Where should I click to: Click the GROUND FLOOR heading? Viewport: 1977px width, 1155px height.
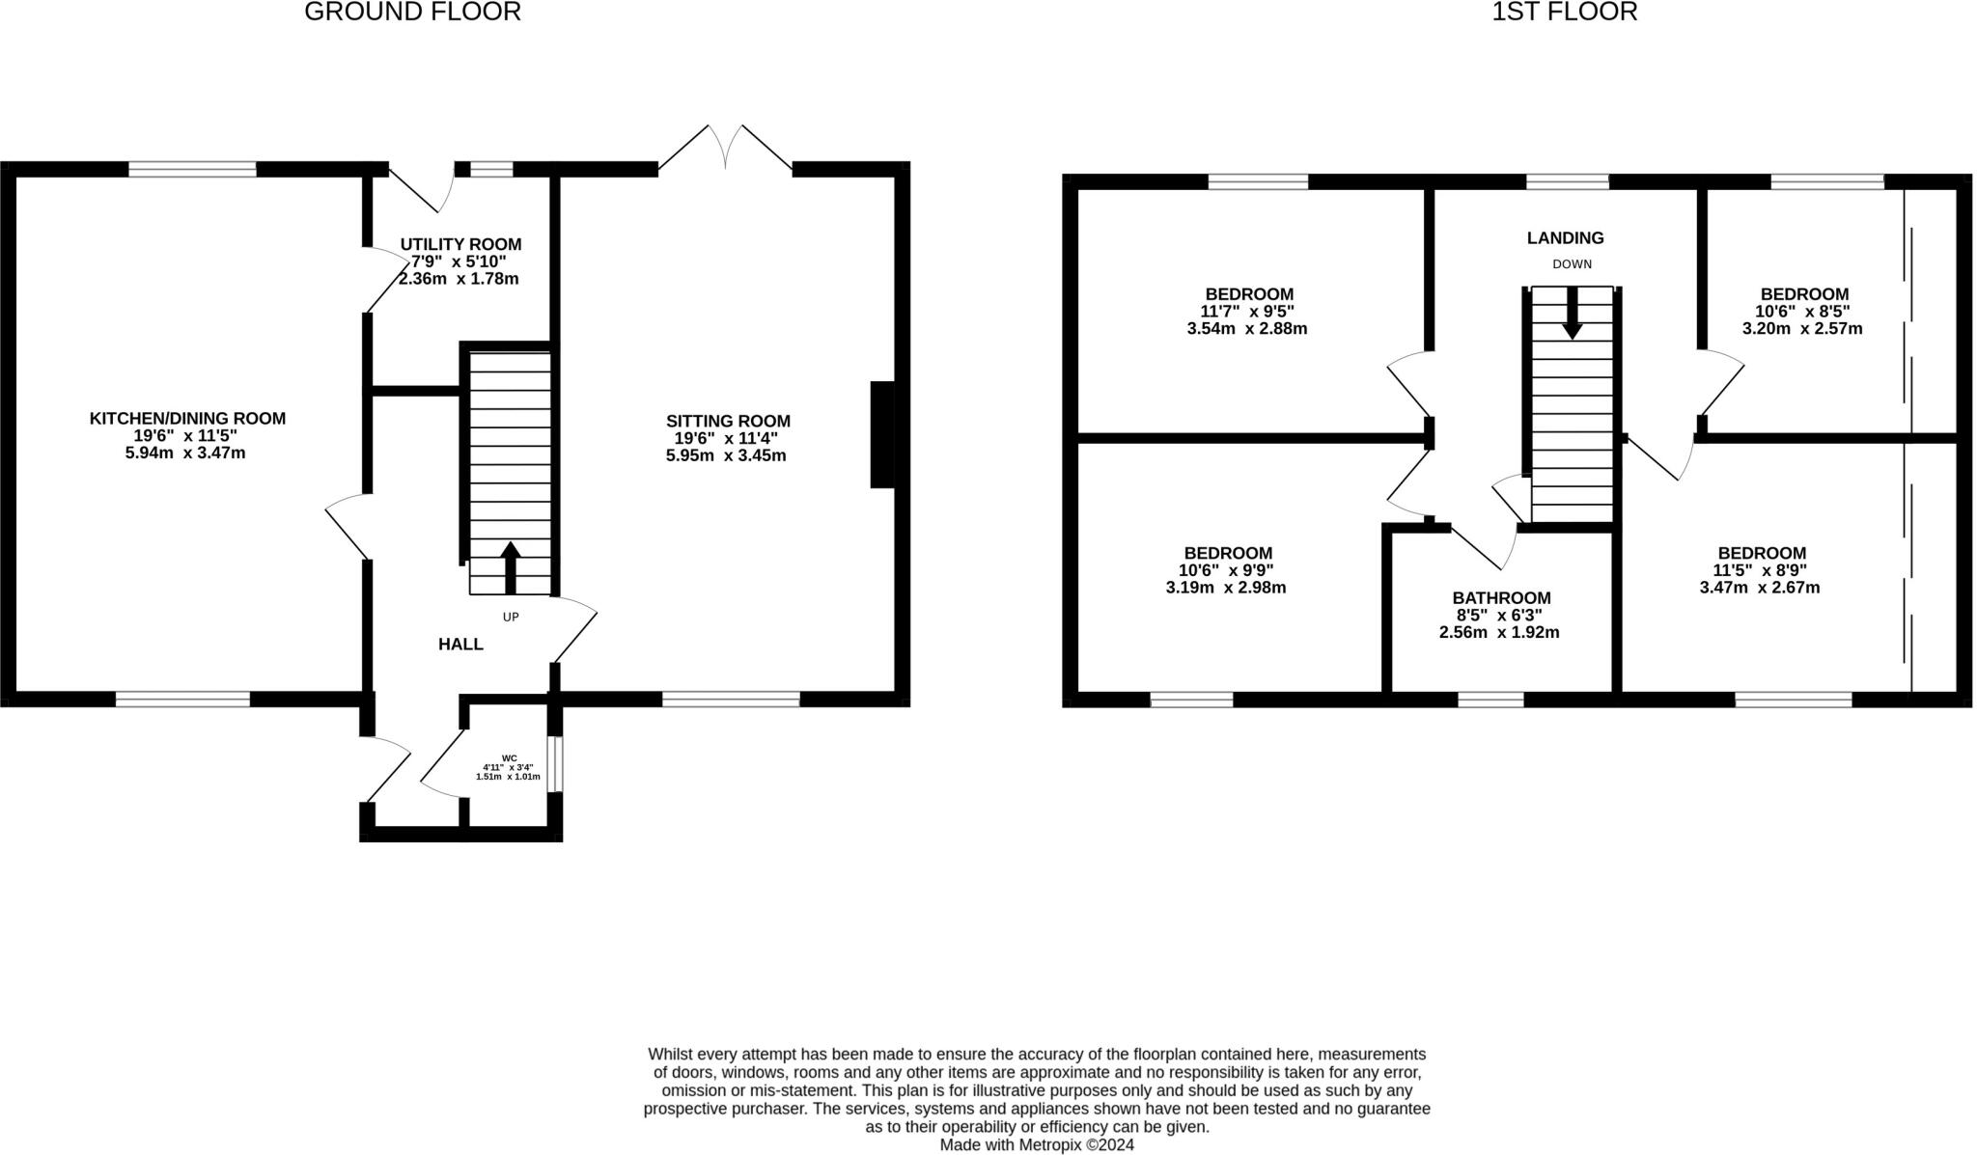(x=412, y=13)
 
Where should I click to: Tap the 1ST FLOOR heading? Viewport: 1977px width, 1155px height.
(x=1564, y=13)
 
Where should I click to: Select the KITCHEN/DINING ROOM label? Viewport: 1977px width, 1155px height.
(x=187, y=418)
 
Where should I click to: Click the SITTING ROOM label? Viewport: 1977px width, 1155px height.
(x=728, y=421)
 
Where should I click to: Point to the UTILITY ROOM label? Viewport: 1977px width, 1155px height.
(x=460, y=244)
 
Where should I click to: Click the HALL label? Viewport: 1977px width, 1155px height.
(x=460, y=644)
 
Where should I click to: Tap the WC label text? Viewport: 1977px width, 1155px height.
(x=509, y=757)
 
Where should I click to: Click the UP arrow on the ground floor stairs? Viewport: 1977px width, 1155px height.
(x=510, y=567)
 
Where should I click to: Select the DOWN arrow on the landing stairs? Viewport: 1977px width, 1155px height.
(x=1572, y=313)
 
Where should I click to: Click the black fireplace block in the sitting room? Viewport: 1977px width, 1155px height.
(x=882, y=434)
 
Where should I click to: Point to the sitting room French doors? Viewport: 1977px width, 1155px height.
(x=725, y=150)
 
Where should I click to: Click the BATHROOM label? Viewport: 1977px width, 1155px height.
(x=1501, y=597)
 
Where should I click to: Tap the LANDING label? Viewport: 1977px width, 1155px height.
(x=1565, y=237)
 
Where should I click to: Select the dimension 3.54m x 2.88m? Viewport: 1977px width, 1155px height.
(x=1247, y=328)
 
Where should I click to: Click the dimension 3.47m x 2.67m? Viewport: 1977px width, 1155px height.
(x=1759, y=587)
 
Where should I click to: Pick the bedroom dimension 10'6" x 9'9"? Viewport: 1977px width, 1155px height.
(x=1227, y=569)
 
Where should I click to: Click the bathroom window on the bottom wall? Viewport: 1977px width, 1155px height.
(x=1490, y=700)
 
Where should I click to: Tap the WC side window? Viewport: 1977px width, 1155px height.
(x=556, y=764)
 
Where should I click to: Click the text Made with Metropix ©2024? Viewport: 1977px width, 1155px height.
(x=1037, y=1144)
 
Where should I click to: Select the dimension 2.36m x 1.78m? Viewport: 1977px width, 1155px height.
(x=459, y=279)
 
